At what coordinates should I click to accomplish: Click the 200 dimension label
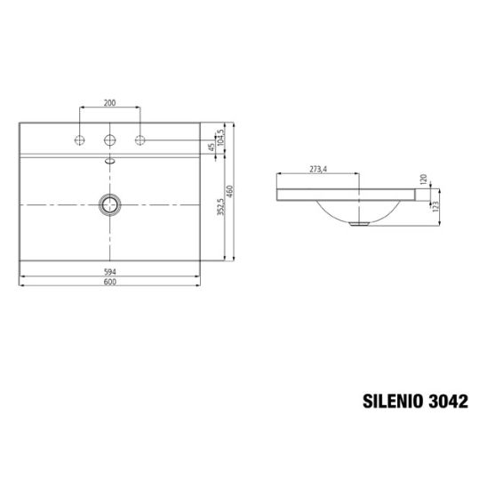[x=109, y=102]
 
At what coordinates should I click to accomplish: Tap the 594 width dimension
[x=110, y=272]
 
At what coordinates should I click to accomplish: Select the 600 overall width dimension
[x=110, y=282]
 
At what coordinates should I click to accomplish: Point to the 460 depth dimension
[x=229, y=192]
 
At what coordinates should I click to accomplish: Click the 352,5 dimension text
[x=220, y=207]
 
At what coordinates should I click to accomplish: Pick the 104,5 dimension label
[x=220, y=138]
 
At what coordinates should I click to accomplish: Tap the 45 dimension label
[x=212, y=147]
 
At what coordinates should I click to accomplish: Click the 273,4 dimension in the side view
[x=318, y=169]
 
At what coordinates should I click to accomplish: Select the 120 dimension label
[x=424, y=180]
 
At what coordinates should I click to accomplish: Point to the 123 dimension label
[x=435, y=206]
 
